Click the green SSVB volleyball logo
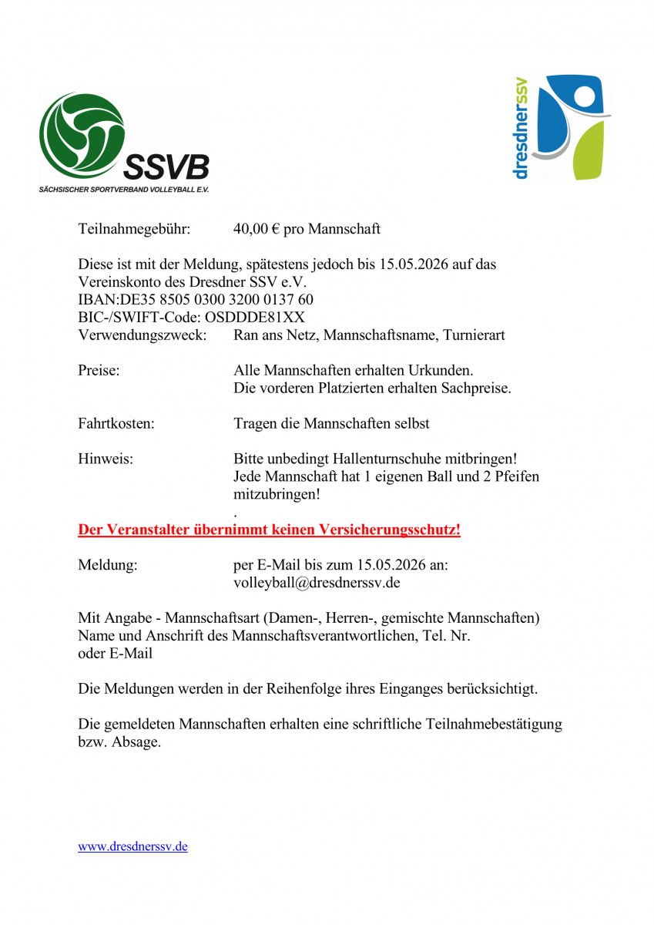tap(82, 136)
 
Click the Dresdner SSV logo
tap(563, 127)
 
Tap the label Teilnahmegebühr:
tap(134, 229)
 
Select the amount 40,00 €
tap(257, 229)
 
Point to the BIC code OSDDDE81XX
tap(255, 317)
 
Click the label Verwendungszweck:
tap(143, 335)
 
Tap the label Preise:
tap(99, 371)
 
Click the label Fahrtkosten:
tap(116, 423)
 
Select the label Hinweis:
tap(106, 459)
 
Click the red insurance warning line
tap(269, 530)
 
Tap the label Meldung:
tap(108, 565)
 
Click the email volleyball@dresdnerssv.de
tap(317, 583)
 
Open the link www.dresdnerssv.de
tap(132, 846)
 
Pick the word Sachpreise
tap(475, 388)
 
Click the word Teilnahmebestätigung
tap(494, 725)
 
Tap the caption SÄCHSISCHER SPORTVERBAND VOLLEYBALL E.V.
tap(124, 189)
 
